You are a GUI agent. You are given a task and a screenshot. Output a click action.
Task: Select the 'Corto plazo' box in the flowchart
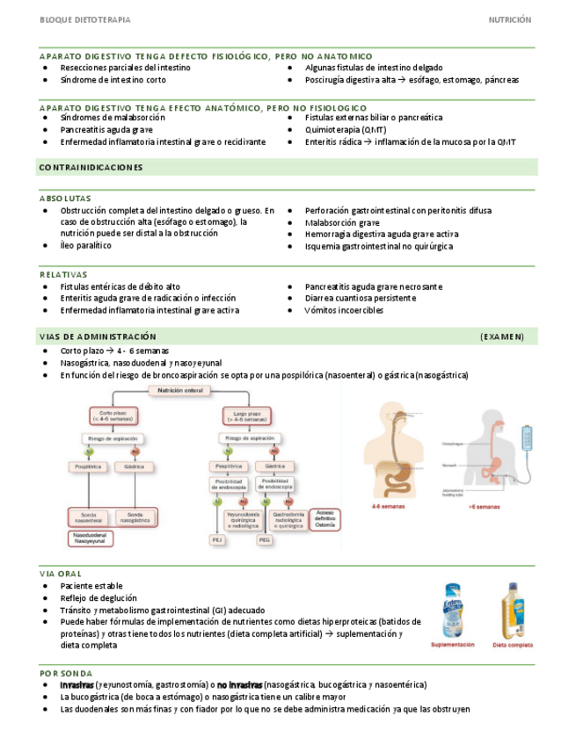pos(111,416)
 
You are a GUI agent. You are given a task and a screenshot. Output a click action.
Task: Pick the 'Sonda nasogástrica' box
pos(135,517)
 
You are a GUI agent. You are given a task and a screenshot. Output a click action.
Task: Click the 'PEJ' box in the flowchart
pos(217,541)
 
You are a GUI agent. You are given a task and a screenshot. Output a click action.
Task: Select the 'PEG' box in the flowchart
pos(264,541)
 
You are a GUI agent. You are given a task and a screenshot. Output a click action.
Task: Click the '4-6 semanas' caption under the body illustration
pos(388,507)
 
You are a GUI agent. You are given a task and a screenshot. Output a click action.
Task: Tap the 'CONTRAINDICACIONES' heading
pos(91,167)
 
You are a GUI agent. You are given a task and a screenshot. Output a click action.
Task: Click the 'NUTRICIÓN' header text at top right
pos(510,18)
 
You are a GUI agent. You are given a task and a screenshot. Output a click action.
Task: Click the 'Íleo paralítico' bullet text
pos(85,246)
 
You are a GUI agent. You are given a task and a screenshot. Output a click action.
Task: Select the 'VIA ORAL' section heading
pos(61,574)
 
